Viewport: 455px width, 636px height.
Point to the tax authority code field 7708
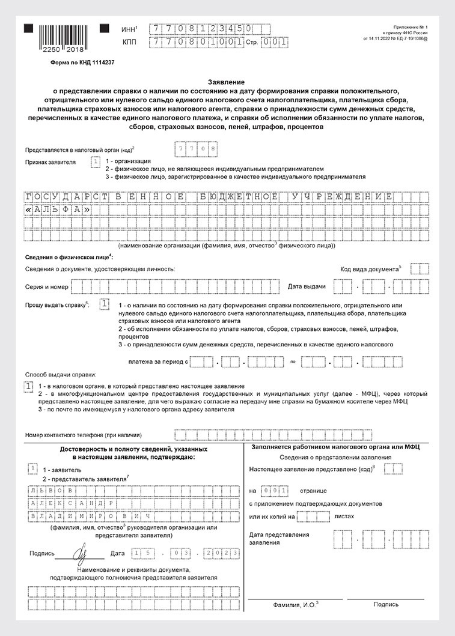(x=195, y=148)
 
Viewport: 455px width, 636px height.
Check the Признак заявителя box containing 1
(x=95, y=161)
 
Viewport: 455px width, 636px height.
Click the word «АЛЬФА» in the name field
(x=58, y=210)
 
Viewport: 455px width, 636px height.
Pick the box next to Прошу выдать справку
(x=105, y=304)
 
